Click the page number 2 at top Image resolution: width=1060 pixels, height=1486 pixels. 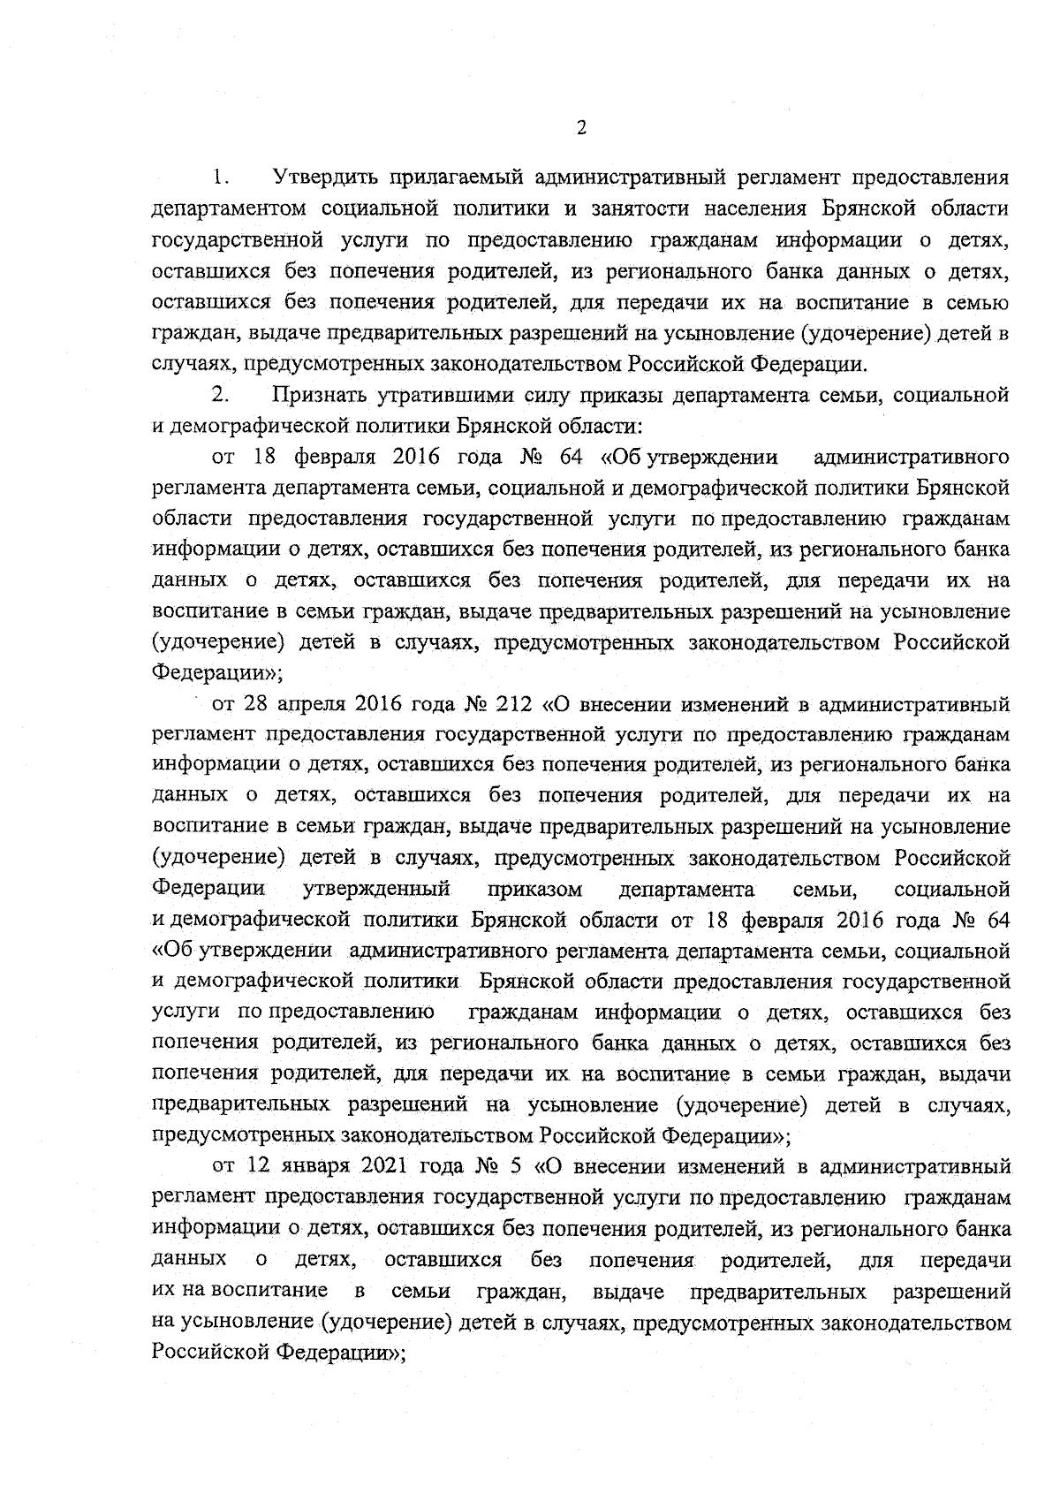pos(580,127)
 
